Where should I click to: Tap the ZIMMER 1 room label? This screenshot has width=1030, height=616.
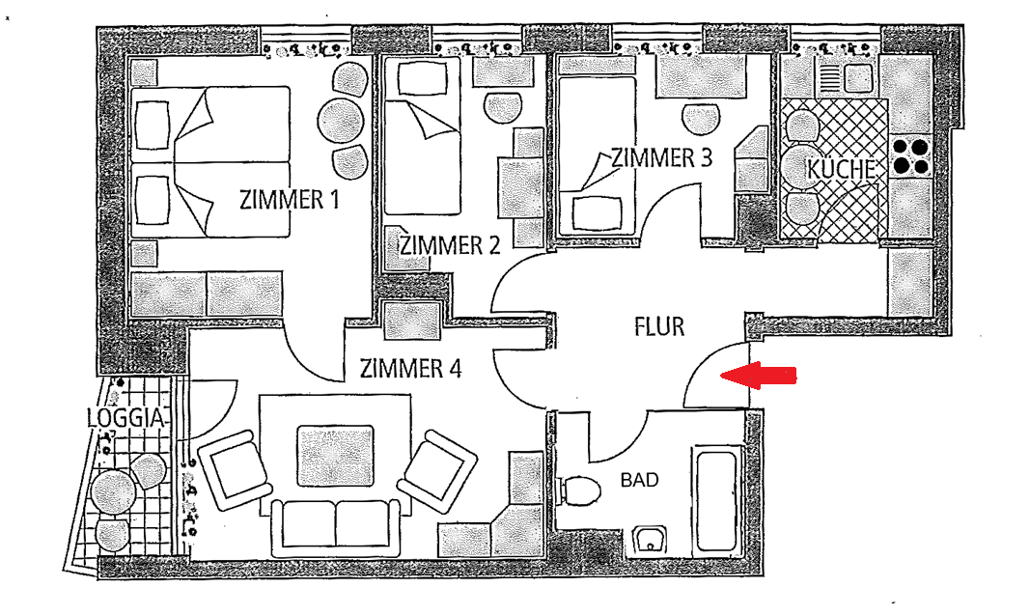tap(290, 200)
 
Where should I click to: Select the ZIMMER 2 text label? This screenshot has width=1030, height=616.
tap(451, 244)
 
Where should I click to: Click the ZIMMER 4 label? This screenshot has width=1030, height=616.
tap(410, 368)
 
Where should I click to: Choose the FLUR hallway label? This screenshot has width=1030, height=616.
tap(659, 326)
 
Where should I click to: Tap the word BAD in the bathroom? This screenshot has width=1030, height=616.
tap(639, 479)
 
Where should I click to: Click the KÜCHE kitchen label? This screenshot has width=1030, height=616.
tap(842, 169)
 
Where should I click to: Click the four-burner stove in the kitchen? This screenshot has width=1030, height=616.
tap(910, 156)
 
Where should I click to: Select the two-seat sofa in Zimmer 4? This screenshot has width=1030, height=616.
tap(335, 526)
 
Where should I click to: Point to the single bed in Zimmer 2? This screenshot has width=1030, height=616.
tap(422, 135)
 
